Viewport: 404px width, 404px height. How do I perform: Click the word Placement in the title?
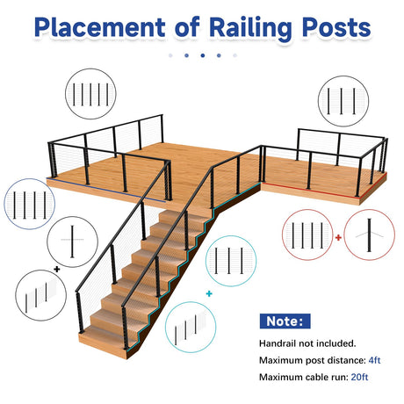(100, 27)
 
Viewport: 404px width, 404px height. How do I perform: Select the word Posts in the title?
(336, 27)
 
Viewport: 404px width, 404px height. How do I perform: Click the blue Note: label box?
(285, 321)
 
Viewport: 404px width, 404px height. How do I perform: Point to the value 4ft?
(374, 360)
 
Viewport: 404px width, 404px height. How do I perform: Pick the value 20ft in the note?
(359, 377)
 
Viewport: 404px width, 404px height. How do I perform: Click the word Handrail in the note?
(278, 343)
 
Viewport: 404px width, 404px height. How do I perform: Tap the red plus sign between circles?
(338, 237)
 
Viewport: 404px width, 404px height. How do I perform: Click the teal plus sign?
(209, 293)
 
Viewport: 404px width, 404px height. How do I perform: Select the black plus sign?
(57, 269)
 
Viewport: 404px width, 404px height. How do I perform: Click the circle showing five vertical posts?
(90, 94)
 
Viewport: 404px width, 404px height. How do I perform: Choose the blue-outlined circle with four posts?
(30, 204)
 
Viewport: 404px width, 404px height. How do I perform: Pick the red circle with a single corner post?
(370, 234)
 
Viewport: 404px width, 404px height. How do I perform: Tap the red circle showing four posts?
(307, 234)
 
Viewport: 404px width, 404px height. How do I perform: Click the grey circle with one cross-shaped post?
(72, 242)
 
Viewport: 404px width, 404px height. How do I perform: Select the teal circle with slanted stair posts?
(191, 327)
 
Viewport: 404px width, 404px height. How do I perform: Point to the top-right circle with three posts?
(343, 101)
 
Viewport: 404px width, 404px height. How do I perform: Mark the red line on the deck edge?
(323, 187)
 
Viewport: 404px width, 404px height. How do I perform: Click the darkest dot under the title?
(203, 55)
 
